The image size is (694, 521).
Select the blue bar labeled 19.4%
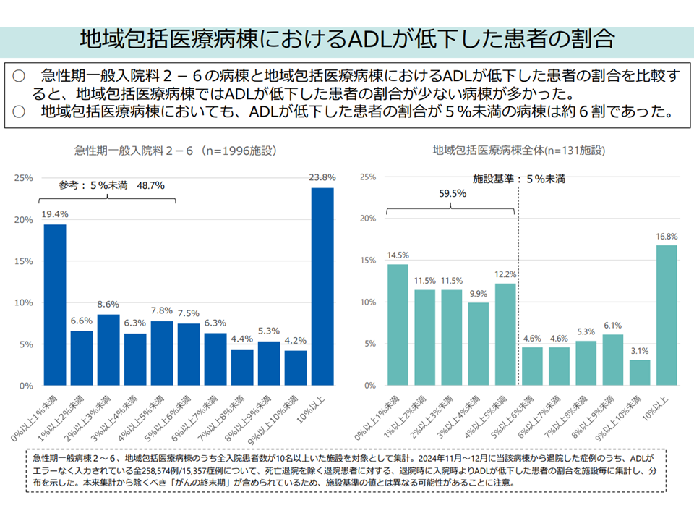55,305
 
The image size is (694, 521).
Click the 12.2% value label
505,275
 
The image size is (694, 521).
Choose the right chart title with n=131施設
518,151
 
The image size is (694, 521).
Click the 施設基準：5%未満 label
519,177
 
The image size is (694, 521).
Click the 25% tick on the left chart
23,177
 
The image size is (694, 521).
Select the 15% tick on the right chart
367,260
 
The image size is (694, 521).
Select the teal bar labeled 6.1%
613,360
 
